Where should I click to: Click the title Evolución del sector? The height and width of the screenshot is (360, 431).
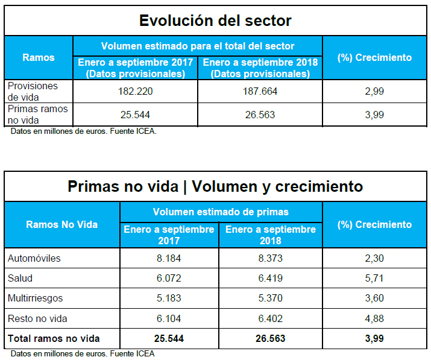[x=215, y=21]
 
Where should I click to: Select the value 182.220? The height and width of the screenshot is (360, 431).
[x=135, y=92]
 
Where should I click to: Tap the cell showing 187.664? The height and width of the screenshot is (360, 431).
[x=260, y=92]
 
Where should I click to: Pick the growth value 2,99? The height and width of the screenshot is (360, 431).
[x=374, y=92]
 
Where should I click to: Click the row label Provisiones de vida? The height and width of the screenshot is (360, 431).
[x=33, y=91]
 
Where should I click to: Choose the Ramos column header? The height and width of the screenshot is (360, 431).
[x=39, y=58]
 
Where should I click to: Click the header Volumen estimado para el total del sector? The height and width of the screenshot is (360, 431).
[x=198, y=46]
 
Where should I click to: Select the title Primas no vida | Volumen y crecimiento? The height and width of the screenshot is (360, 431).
[x=215, y=186]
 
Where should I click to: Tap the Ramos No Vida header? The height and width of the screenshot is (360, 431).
[x=61, y=224]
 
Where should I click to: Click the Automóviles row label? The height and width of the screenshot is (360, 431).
[x=34, y=259]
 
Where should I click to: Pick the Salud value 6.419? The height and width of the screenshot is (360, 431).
[x=271, y=279]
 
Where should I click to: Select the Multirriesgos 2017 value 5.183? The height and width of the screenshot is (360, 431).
[x=169, y=298]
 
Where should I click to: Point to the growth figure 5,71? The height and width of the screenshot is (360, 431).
[x=374, y=279]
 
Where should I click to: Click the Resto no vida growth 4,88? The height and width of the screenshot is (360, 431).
[x=374, y=318]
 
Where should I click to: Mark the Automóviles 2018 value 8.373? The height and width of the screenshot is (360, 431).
[x=271, y=259]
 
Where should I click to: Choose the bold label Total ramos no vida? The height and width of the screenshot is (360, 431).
[x=54, y=338]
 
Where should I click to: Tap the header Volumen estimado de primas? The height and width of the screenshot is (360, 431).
[x=221, y=212]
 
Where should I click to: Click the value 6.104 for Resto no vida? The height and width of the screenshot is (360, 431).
[x=169, y=318]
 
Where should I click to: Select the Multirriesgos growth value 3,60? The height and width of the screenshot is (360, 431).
[x=374, y=298]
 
